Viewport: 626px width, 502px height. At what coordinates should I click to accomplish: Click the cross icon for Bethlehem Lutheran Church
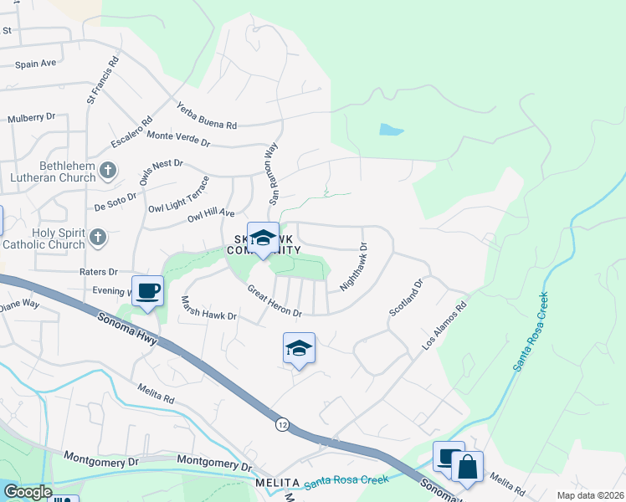coord(107,171)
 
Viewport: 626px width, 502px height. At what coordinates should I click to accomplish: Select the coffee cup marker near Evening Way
coord(148,291)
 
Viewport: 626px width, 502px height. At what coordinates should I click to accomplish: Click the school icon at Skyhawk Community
coord(263,237)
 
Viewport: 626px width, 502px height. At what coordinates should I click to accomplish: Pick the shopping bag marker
coord(467,467)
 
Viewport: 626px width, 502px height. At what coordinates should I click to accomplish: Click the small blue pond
coord(391,130)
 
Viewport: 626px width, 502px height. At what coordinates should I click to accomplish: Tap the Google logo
coord(28,492)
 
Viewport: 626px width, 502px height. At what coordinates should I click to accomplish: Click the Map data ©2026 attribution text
coord(589,494)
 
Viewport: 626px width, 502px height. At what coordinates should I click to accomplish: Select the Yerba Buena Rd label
coord(206,115)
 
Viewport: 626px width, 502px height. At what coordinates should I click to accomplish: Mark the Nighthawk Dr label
coord(354,268)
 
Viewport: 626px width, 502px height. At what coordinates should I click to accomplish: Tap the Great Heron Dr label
coord(274,301)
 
